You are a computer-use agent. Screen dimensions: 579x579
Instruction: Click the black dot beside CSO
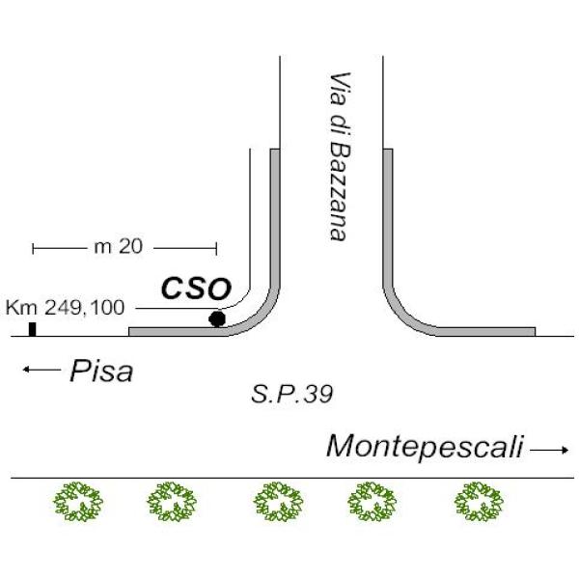click(x=217, y=318)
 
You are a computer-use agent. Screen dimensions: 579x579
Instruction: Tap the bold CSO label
click(x=196, y=288)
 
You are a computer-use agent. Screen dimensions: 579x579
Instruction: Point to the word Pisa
click(x=101, y=371)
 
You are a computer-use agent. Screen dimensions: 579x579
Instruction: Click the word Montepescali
click(x=425, y=447)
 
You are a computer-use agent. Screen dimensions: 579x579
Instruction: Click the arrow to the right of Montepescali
click(x=550, y=450)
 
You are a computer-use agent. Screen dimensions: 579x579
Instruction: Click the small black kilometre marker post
click(x=32, y=329)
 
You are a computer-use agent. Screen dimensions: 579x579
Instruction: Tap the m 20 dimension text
click(x=118, y=247)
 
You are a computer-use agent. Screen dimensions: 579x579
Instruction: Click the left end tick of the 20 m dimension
click(x=34, y=248)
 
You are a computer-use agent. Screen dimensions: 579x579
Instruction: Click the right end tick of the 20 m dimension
click(x=215, y=248)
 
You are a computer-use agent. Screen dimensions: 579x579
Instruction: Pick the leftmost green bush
click(x=77, y=502)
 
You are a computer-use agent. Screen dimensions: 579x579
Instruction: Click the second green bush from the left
click(x=173, y=502)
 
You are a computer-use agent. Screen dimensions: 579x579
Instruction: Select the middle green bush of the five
click(x=279, y=502)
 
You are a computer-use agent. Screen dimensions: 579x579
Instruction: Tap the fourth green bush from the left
click(x=372, y=502)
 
